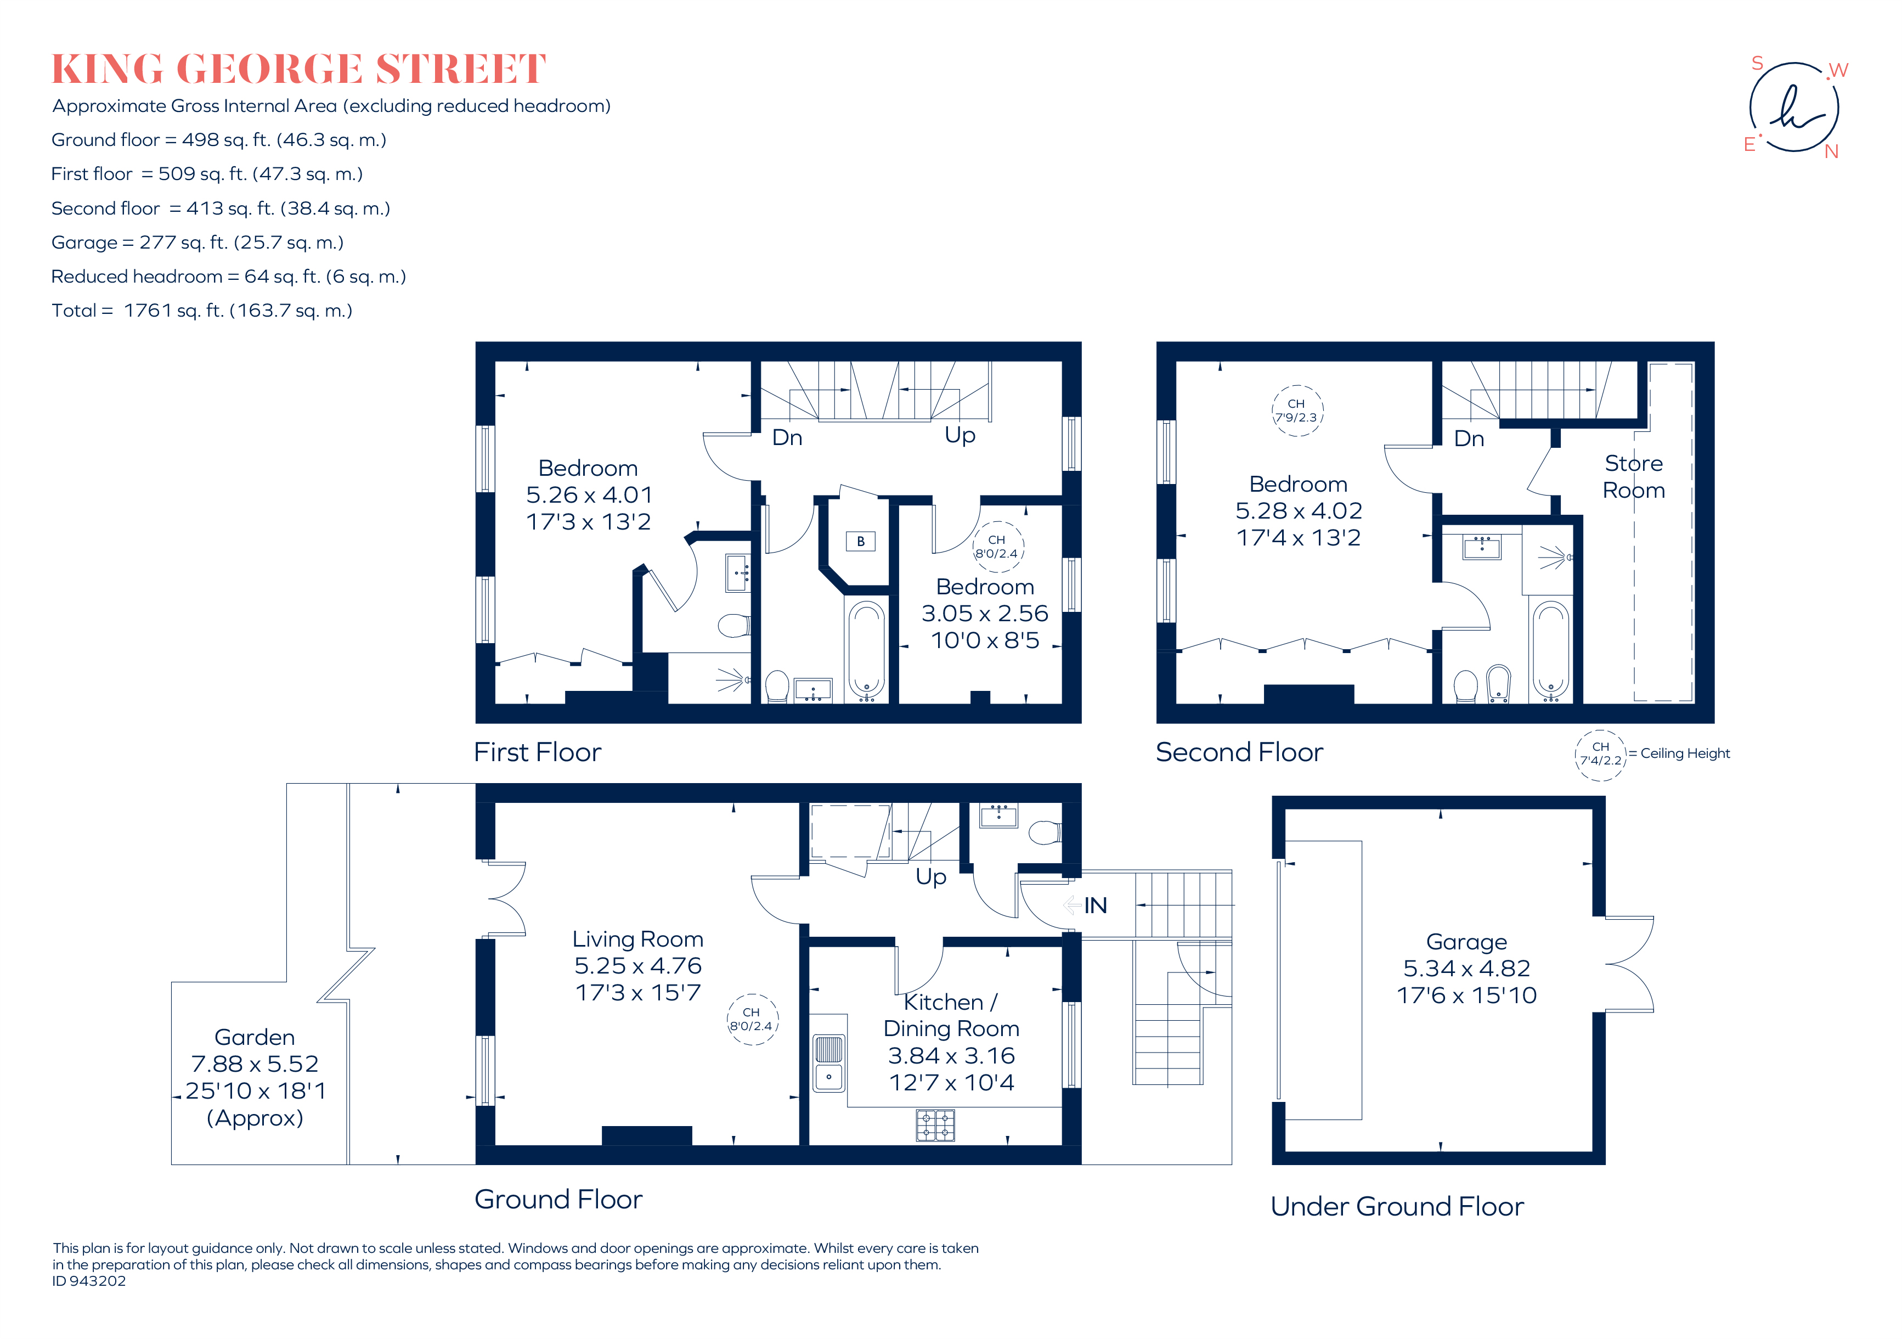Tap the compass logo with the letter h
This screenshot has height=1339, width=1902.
[1794, 108]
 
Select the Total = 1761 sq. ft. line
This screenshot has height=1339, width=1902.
[202, 311]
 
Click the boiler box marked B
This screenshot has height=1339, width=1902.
[861, 541]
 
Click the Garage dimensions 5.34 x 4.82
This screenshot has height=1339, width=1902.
[1466, 968]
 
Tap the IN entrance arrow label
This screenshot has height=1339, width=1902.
[1094, 905]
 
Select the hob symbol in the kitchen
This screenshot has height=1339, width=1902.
[935, 1125]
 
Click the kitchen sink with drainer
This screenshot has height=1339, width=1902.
[828, 1062]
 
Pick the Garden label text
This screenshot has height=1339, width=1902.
[255, 1037]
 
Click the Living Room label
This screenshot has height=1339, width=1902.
[638, 939]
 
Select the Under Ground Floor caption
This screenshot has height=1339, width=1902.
[1397, 1206]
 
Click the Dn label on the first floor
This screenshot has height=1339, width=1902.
[787, 437]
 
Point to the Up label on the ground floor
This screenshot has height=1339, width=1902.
[930, 876]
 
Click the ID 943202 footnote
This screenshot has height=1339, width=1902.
[89, 1280]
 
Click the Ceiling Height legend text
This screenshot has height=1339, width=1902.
[1684, 753]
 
